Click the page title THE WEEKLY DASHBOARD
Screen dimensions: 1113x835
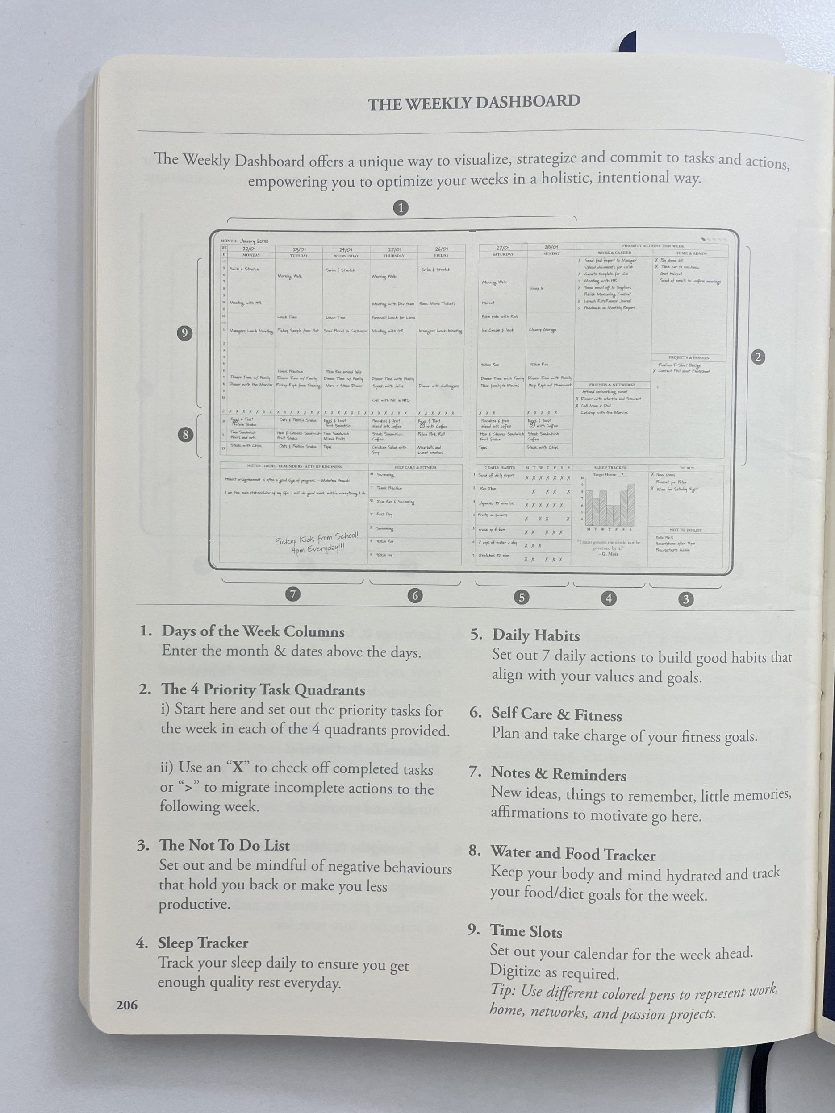tap(474, 103)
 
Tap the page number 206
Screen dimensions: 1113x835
tap(126, 1005)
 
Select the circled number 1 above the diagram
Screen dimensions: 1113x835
tap(401, 208)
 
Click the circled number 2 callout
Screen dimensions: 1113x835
tap(758, 357)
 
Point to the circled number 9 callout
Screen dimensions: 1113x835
tap(185, 333)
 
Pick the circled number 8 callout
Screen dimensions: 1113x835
tap(185, 435)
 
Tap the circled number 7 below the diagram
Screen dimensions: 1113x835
tap(292, 594)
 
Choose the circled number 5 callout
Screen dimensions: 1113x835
tap(522, 597)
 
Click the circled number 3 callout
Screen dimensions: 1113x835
tap(685, 599)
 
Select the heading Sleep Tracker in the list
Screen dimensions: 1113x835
tap(203, 943)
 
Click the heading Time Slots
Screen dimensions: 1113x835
tap(526, 932)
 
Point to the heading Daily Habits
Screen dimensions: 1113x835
tap(536, 635)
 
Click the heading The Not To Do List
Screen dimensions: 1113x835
tap(225, 845)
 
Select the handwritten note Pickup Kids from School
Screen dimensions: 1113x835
tap(317, 542)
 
